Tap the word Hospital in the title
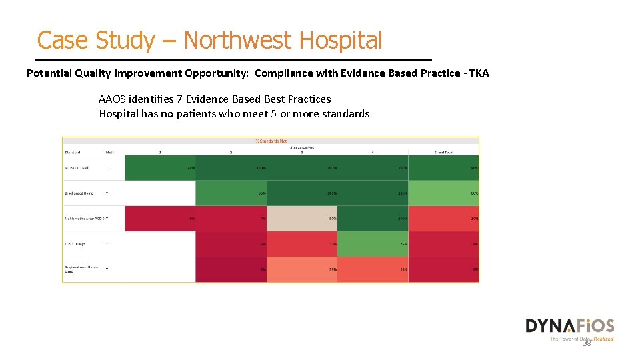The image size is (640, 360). [341, 41]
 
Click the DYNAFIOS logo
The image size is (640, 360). [569, 326]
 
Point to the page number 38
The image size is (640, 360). [587, 343]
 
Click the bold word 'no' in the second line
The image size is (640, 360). [167, 114]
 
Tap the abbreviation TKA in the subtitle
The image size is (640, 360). [479, 73]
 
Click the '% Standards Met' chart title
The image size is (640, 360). [271, 141]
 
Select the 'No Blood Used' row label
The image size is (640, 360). [79, 167]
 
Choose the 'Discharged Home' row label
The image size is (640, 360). [79, 193]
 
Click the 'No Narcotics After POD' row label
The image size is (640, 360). [83, 219]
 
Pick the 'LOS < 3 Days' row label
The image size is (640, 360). [75, 244]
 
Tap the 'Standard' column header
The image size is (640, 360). [73, 153]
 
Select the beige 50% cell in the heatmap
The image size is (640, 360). [301, 219]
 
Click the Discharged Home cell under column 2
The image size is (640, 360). [231, 193]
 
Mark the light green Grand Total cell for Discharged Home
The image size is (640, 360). [443, 193]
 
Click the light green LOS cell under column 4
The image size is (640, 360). [372, 244]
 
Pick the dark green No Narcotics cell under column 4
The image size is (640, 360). [372, 219]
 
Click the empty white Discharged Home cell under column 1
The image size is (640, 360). [160, 193]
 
